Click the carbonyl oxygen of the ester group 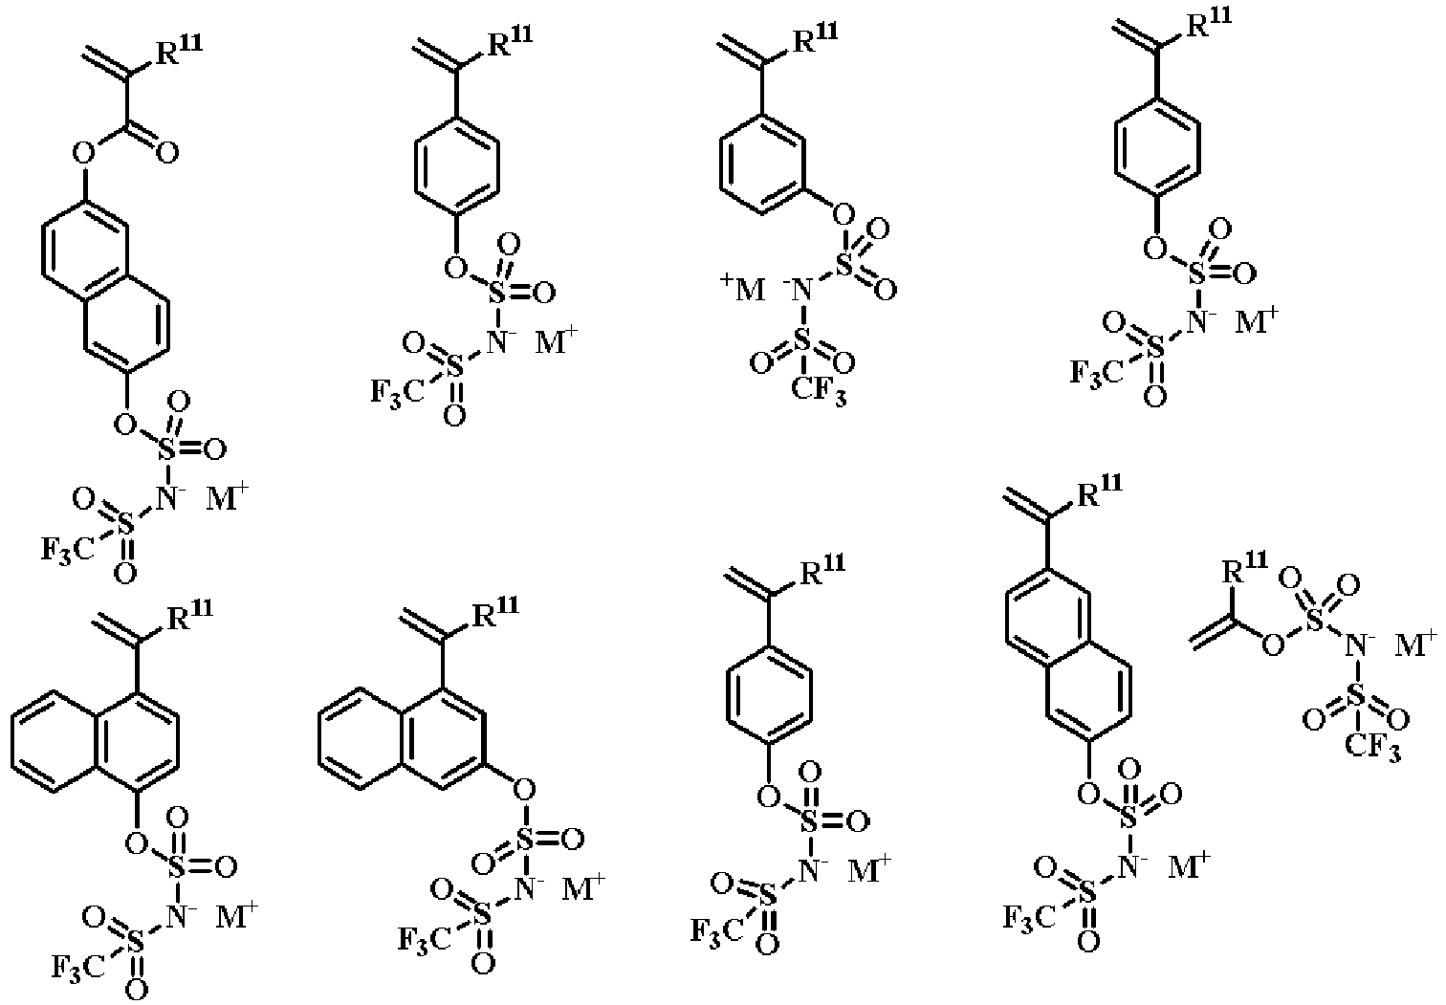167,154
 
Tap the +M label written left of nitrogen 742,289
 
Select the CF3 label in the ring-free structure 1373,750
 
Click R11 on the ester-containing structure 179,49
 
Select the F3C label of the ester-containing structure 69,550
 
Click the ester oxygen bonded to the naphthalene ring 84,154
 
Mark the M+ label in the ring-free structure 1416,645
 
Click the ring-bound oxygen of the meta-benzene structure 843,213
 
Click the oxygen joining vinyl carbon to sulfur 1274,645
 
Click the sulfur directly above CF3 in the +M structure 801,340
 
